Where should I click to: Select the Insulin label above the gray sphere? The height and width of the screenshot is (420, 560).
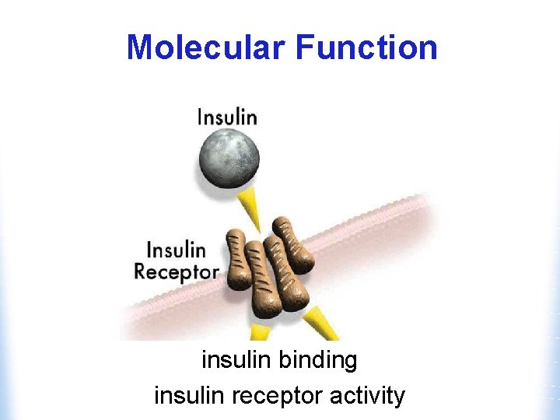pos(226,117)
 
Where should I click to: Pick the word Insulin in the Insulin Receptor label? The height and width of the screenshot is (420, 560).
pos(177,250)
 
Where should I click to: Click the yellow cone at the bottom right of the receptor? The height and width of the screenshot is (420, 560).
pos(320,323)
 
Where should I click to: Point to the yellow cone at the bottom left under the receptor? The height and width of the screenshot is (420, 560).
pos(259,333)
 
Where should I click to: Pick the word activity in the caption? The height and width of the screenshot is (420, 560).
pos(367,396)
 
